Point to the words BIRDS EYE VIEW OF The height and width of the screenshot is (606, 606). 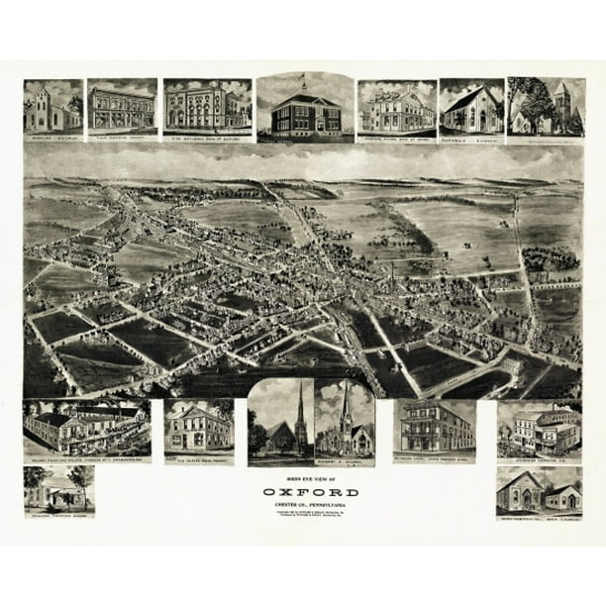[x=304, y=477]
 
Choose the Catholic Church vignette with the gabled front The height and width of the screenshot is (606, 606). [x=470, y=109]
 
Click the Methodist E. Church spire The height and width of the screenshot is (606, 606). [x=344, y=401]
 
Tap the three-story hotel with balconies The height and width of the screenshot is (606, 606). [x=435, y=428]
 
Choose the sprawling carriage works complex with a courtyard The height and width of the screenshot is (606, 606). [x=87, y=428]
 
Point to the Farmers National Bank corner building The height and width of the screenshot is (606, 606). [x=396, y=109]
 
